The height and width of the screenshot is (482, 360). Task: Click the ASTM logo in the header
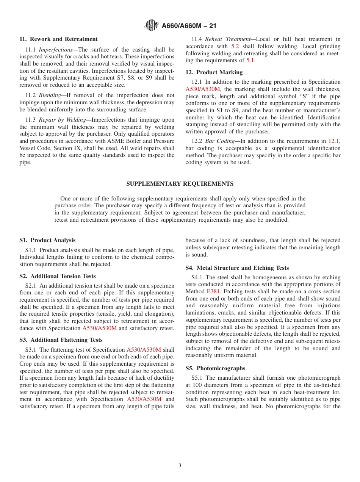pyautogui.click(x=152, y=26)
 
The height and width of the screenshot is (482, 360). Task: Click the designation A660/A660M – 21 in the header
pyautogui.click(x=189, y=26)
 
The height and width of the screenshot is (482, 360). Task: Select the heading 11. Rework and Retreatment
pyautogui.click(x=58, y=39)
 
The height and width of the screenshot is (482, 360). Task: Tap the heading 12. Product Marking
pyautogui.click(x=214, y=72)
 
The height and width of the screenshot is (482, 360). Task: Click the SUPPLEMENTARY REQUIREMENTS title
pyautogui.click(x=180, y=184)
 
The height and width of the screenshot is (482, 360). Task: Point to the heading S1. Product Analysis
pyautogui.click(x=47, y=240)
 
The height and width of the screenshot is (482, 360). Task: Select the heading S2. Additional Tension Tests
pyautogui.click(x=58, y=276)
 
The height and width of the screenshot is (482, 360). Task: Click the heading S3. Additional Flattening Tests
pyautogui.click(x=61, y=340)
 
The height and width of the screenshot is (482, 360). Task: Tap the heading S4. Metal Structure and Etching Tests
pyautogui.click(x=237, y=268)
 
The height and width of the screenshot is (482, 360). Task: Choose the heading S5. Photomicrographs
pyautogui.click(x=215, y=368)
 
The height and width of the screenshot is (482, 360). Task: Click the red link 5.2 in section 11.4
pyautogui.click(x=235, y=46)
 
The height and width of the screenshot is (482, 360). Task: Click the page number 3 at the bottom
pyautogui.click(x=180, y=466)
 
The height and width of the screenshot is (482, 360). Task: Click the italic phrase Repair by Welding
pyautogui.click(x=62, y=120)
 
